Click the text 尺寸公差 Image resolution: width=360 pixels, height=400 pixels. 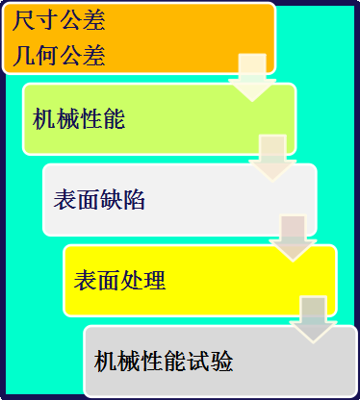click(59, 20)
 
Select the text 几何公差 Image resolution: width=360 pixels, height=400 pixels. click(59, 56)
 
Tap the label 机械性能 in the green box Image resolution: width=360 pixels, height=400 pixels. click(79, 119)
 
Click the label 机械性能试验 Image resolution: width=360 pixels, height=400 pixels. click(164, 362)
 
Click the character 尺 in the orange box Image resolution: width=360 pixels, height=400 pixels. click(24, 20)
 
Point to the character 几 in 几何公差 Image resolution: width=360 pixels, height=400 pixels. click(24, 56)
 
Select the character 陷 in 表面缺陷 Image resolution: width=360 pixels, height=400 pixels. click(135, 200)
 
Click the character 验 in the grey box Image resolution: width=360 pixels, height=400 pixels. click(221, 362)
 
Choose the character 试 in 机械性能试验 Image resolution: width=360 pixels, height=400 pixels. click(198, 362)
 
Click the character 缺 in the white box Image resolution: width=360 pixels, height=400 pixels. click(112, 200)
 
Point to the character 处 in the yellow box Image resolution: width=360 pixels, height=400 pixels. click(132, 281)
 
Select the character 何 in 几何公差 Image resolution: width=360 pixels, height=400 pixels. click(47, 56)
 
